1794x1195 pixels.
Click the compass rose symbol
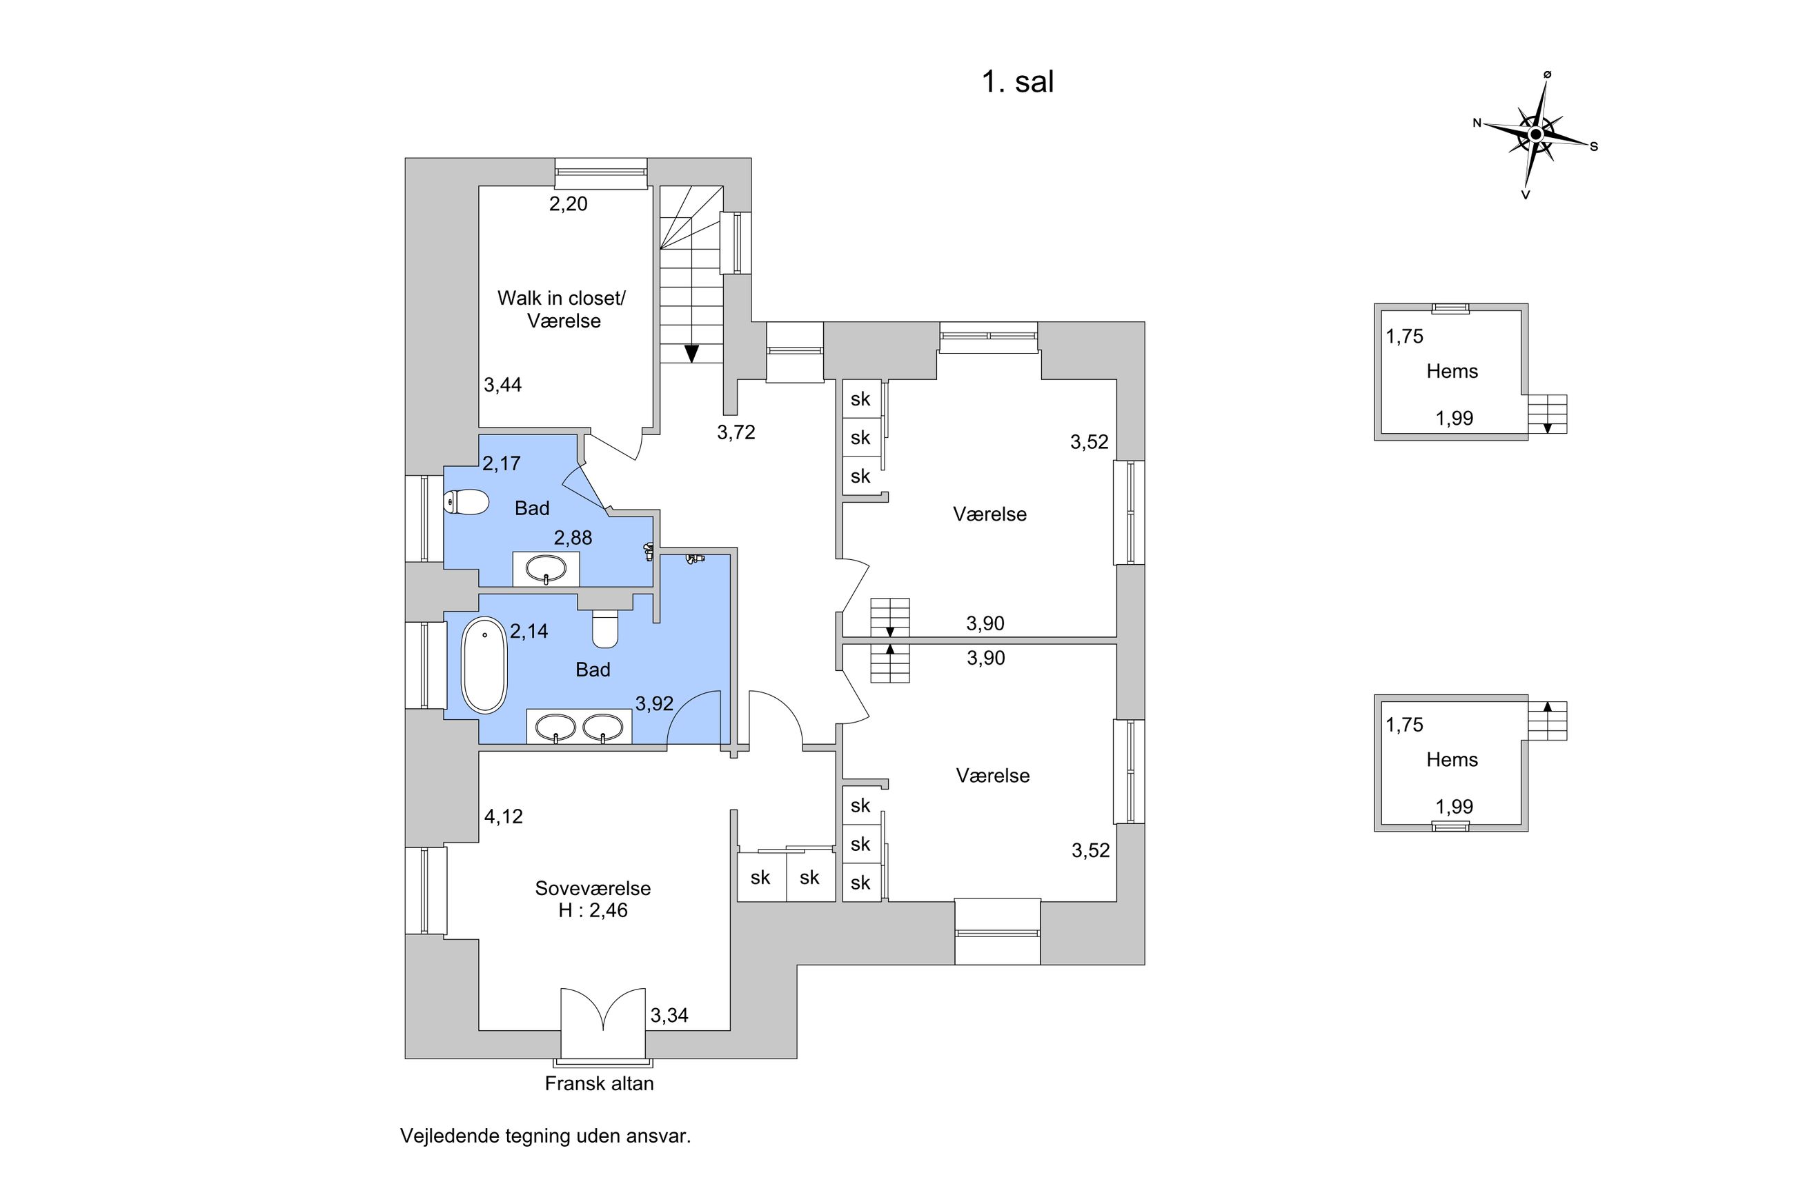pyautogui.click(x=1535, y=135)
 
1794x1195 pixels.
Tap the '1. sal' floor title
pyautogui.click(x=1016, y=82)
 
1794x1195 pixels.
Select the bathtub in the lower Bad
pyautogui.click(x=484, y=665)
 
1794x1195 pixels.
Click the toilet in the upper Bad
pyautogui.click(x=465, y=502)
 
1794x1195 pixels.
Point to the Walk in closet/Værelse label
pyautogui.click(x=562, y=310)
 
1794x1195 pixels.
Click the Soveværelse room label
pyautogui.click(x=593, y=888)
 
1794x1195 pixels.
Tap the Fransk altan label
pyautogui.click(x=598, y=1083)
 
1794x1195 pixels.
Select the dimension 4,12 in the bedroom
pyautogui.click(x=503, y=816)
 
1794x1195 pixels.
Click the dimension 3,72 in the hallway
pyautogui.click(x=736, y=432)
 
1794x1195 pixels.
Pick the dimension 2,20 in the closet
pyautogui.click(x=568, y=203)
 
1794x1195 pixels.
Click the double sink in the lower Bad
pyautogui.click(x=579, y=726)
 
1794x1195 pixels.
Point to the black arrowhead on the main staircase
pyautogui.click(x=691, y=354)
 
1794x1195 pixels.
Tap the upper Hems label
pyautogui.click(x=1452, y=371)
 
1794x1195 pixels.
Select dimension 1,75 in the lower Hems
pyautogui.click(x=1403, y=724)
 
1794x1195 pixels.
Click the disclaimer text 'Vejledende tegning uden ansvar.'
pyautogui.click(x=545, y=1136)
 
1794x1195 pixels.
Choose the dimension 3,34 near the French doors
pyautogui.click(x=669, y=1015)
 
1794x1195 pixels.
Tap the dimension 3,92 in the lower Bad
pyautogui.click(x=654, y=703)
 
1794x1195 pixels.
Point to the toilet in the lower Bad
pyautogui.click(x=605, y=630)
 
